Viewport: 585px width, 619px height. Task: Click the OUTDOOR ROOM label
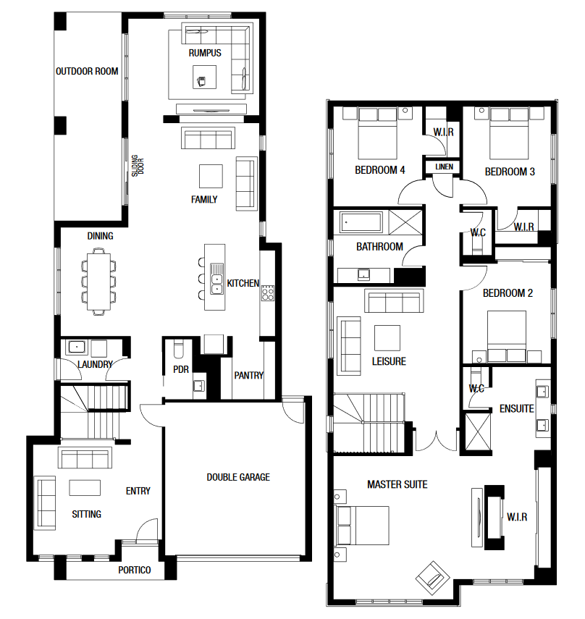point(87,72)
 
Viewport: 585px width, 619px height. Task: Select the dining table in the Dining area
point(98,282)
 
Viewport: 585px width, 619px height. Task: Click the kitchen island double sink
point(216,279)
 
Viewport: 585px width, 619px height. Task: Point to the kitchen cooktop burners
point(268,292)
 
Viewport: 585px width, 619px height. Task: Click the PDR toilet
point(179,348)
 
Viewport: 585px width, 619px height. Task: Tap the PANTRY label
point(248,376)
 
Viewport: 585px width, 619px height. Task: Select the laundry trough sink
point(76,347)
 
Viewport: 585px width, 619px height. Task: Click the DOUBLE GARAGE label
point(238,477)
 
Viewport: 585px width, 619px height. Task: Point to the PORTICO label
point(135,570)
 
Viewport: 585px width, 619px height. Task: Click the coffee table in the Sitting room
point(85,487)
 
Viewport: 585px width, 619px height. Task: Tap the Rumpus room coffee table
point(204,77)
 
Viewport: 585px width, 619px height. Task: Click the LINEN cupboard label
point(444,167)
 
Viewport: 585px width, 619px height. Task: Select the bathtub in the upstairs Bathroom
point(361,222)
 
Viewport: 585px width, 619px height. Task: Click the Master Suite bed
point(362,526)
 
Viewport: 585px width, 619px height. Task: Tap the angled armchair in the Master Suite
point(433,578)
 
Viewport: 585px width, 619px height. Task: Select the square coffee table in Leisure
point(387,338)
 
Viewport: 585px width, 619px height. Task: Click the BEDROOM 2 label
point(508,293)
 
